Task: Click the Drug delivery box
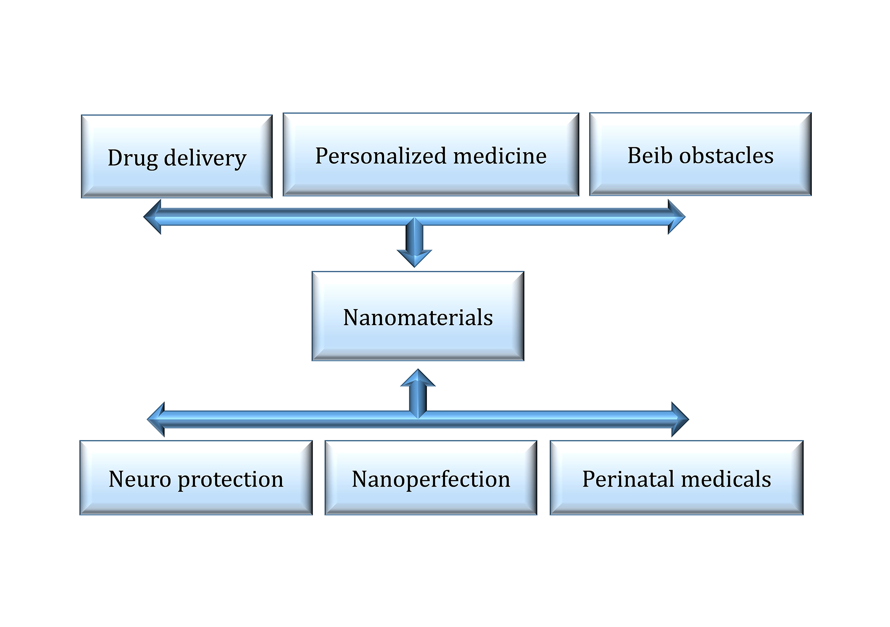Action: (x=176, y=156)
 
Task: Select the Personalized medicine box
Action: (x=431, y=154)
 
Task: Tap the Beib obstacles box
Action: (x=700, y=154)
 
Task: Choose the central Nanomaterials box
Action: (x=418, y=316)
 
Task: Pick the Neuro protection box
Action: (x=196, y=478)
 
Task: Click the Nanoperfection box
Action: (x=431, y=478)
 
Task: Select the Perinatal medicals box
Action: (x=677, y=478)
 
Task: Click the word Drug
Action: (x=133, y=159)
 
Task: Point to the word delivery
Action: (x=205, y=159)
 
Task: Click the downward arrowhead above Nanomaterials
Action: (x=414, y=258)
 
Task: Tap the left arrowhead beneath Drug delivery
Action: (x=152, y=217)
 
